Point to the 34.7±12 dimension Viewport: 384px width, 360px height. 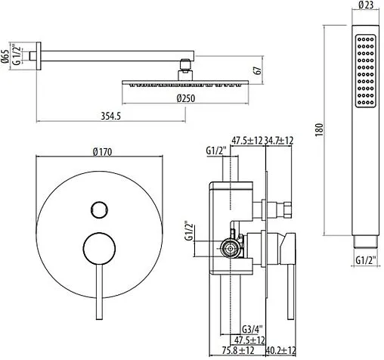point(278,141)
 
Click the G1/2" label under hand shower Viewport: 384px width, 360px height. point(365,262)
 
